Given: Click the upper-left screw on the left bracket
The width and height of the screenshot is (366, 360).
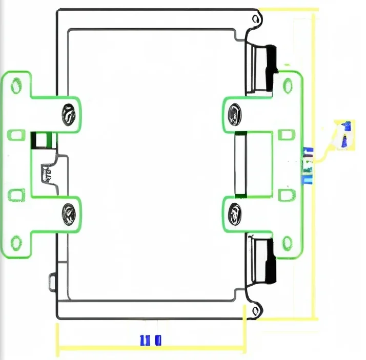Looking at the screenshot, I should coord(68,114).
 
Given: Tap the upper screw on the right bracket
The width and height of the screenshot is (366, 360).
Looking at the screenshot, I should coord(234,113).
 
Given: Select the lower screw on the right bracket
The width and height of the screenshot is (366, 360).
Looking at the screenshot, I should coord(234,214).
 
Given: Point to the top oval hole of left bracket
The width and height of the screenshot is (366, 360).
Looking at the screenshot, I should coord(17,85).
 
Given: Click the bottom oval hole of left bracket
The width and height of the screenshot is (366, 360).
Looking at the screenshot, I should coord(17,242).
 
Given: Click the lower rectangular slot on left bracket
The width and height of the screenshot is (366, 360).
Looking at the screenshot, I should coord(17,195).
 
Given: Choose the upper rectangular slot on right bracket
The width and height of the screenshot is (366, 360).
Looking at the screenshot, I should coord(287,135).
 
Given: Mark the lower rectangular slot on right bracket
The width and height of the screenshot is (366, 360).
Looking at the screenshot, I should coord(287,195).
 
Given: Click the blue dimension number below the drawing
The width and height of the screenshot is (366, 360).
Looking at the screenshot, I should coord(151,340).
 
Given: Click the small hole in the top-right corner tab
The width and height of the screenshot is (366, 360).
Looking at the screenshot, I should coord(257,19).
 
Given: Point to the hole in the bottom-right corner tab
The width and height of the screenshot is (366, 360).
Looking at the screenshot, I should coord(257,309).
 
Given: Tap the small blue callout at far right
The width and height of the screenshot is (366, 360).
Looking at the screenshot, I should coord(345,134).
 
